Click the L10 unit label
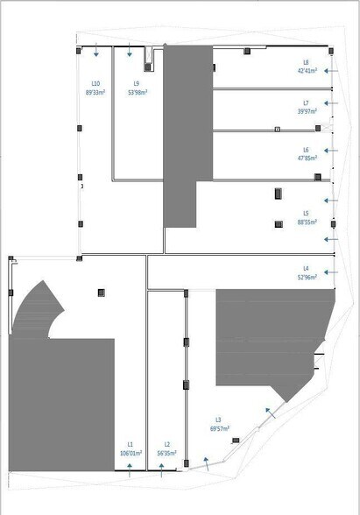[x=95, y=83]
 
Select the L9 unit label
[x=138, y=83]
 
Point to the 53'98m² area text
[x=138, y=92]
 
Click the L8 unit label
[x=306, y=62]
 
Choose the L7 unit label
[x=306, y=102]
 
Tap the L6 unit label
[x=306, y=150]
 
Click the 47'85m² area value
[x=306, y=159]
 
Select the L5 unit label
[x=306, y=213]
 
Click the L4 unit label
[x=306, y=268]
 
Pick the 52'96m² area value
[x=306, y=278]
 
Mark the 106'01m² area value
[x=130, y=454]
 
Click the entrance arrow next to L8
[x=331, y=69]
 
